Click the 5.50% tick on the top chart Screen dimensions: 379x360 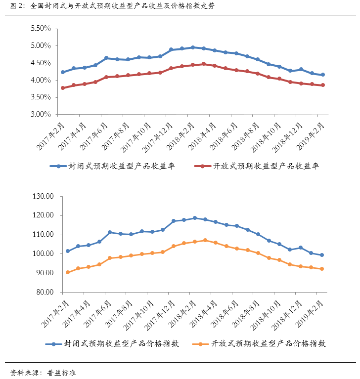click(x=41, y=29)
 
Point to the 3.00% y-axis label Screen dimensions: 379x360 click(x=41, y=115)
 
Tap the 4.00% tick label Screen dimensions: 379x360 click(x=41, y=80)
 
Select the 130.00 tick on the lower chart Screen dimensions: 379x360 click(x=43, y=196)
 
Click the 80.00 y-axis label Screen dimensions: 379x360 click(x=45, y=292)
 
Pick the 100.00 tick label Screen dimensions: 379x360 click(x=43, y=254)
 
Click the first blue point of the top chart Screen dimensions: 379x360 click(x=63, y=72)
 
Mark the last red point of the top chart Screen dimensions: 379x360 click(x=323, y=85)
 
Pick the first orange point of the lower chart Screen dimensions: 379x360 click(x=68, y=272)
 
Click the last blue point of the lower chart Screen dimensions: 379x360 click(x=322, y=255)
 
